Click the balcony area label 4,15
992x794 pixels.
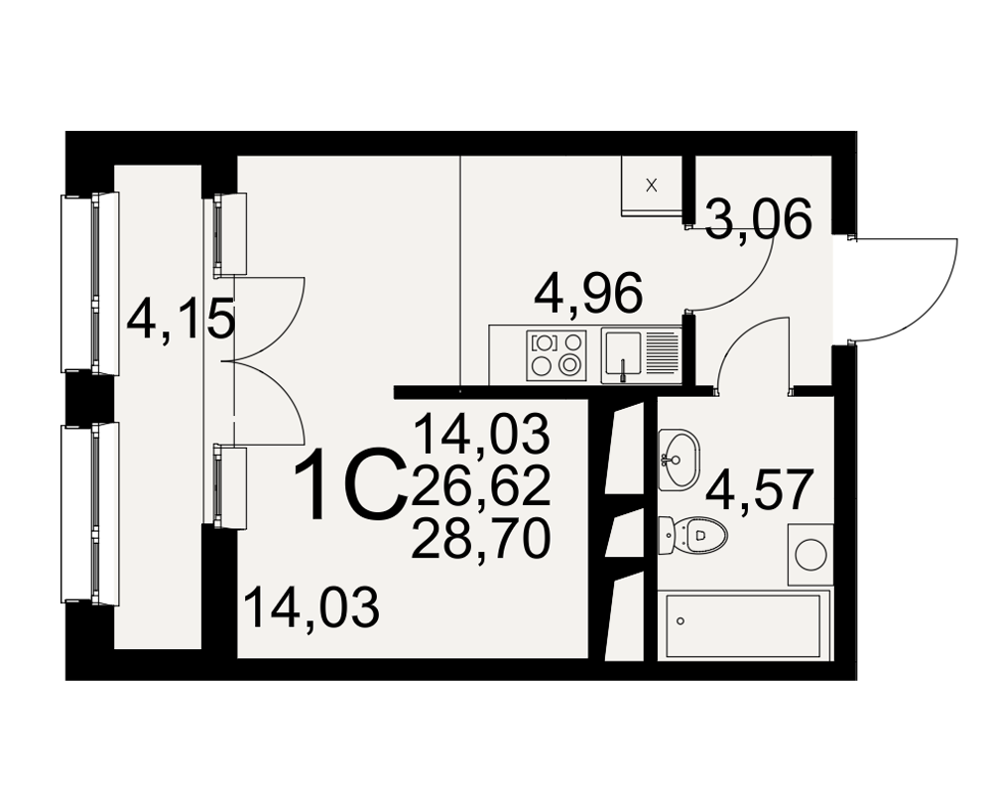point(181,320)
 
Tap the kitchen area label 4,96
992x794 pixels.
point(588,294)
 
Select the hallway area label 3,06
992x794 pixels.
point(758,218)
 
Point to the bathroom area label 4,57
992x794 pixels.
point(758,490)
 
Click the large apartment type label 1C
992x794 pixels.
point(350,484)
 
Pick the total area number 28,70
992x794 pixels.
point(481,540)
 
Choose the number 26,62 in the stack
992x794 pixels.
point(481,488)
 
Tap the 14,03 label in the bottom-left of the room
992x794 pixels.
point(311,607)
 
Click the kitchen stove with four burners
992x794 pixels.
point(557,355)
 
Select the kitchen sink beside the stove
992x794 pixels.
point(640,355)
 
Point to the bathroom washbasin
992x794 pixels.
point(679,460)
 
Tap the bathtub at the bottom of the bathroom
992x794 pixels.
point(745,625)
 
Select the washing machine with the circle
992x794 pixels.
point(810,555)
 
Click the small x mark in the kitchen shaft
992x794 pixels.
point(652,186)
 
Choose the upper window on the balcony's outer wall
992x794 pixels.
point(90,283)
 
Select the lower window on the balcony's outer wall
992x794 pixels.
point(90,513)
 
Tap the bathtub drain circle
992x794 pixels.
point(681,621)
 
